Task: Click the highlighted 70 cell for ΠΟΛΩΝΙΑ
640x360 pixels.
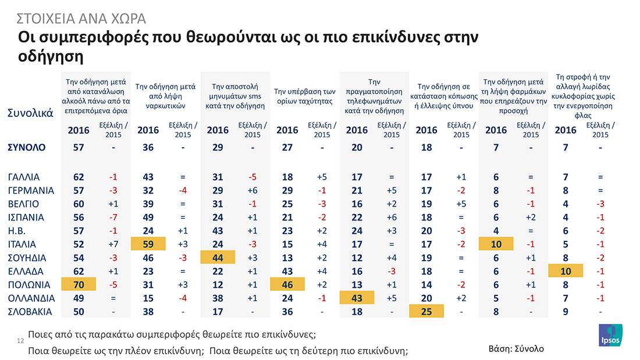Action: (79, 285)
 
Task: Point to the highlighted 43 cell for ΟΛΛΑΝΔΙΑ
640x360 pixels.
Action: (357, 298)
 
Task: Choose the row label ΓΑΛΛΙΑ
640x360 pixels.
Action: (24, 177)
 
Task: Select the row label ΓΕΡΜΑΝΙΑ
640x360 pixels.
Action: (31, 191)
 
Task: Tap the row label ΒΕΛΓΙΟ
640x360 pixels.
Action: (24, 204)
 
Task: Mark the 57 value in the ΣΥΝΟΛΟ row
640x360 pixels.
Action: (79, 148)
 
